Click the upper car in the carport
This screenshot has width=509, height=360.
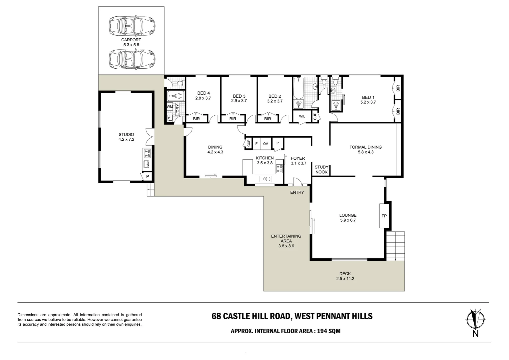pos(132,25)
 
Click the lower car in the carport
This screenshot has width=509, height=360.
pos(132,59)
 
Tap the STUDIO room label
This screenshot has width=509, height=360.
pos(126,135)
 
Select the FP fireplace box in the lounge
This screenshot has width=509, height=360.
pos(384,216)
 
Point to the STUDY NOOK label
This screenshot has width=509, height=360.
pos(321,170)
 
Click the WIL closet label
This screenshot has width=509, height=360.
pos(302,117)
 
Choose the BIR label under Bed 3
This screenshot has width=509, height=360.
pos(233,119)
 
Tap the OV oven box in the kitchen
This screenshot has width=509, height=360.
pos(265,144)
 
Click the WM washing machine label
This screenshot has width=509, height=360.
pos(170,107)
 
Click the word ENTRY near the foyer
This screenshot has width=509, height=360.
pos(297,192)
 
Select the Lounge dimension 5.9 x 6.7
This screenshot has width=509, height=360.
pos(348,220)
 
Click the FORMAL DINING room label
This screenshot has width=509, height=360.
pos(365,147)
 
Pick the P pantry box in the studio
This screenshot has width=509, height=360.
pos(147,177)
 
